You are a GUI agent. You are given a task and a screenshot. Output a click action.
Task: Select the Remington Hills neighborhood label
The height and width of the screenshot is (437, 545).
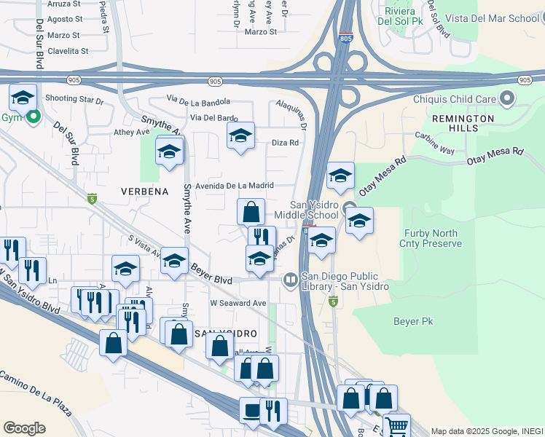tap(463, 122)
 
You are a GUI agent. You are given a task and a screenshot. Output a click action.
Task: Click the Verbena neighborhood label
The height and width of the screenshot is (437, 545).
tap(144, 192)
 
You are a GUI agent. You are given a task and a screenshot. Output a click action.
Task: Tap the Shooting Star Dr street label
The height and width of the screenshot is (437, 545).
tap(74, 99)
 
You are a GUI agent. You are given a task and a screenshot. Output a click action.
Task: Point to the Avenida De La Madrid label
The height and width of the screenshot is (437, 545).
tap(233, 186)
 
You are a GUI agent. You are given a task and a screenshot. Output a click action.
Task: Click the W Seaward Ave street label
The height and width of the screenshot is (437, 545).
tap(238, 303)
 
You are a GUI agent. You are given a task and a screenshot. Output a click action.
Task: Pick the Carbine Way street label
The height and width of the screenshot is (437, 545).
tap(435, 149)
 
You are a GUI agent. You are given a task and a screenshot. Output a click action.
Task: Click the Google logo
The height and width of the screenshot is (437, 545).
tap(24, 428)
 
